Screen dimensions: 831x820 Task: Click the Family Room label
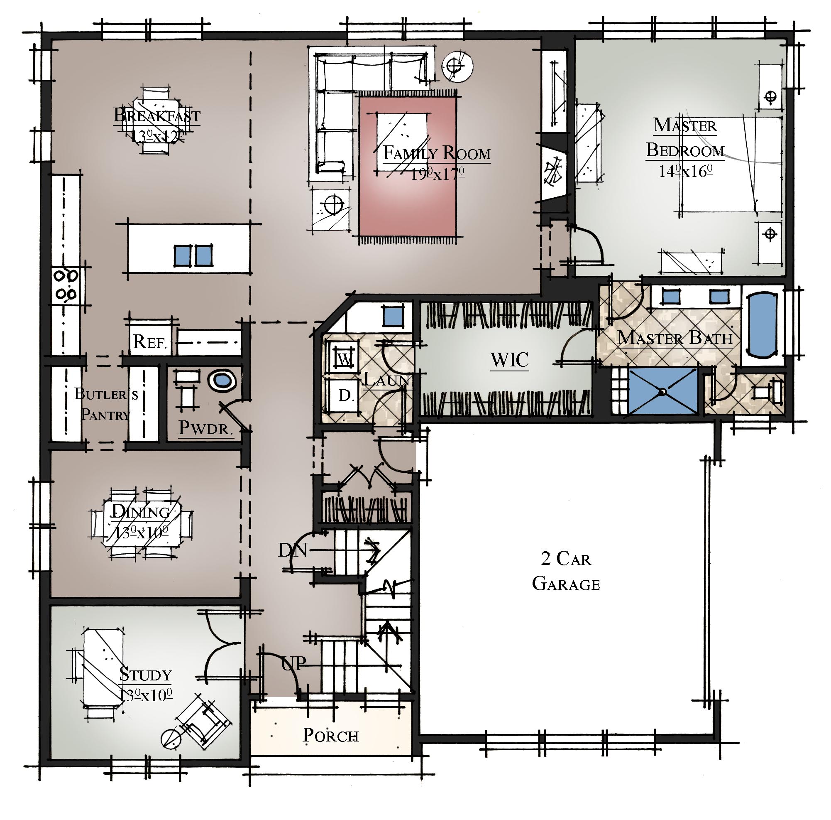[x=437, y=153]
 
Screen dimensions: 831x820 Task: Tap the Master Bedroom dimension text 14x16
[x=686, y=171]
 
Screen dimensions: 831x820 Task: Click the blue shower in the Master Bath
[x=663, y=391]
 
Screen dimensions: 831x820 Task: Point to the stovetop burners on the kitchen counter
[x=66, y=284]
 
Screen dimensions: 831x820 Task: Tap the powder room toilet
[x=223, y=381]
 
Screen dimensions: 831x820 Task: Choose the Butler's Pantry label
[x=106, y=404]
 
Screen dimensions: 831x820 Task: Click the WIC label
[x=509, y=360]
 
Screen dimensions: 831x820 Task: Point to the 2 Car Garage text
[x=566, y=571]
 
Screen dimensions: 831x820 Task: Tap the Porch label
[x=330, y=735]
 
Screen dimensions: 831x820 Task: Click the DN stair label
[x=293, y=550]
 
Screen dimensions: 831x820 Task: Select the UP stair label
[x=294, y=663]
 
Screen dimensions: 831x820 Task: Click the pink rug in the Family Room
[x=408, y=166]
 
